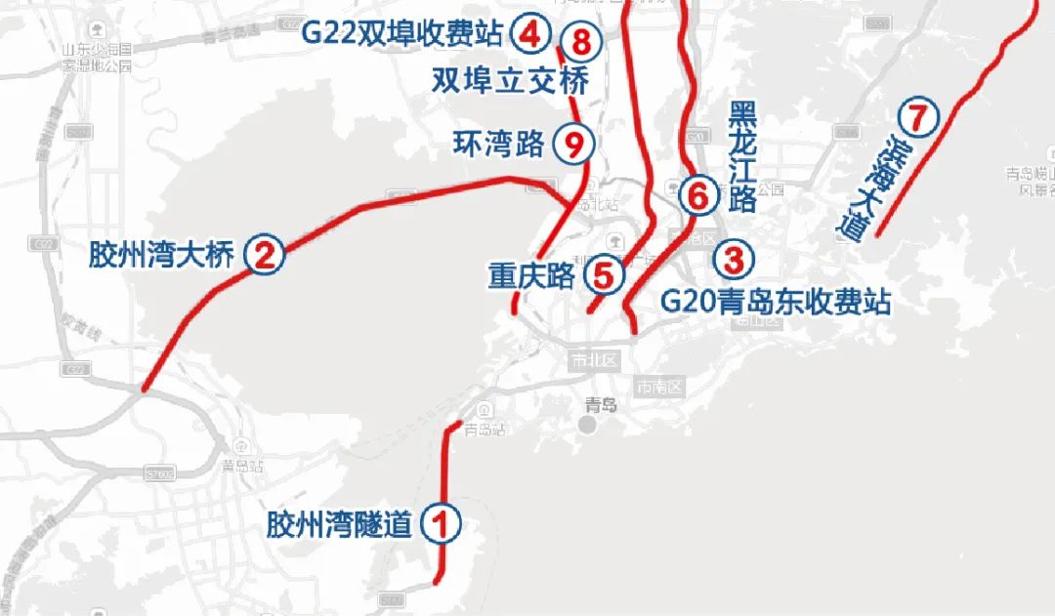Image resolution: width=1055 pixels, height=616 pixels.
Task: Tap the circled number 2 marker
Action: (x=265, y=256)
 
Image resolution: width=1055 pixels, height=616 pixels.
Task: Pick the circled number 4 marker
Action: (x=529, y=35)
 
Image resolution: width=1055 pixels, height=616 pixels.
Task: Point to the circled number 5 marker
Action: (x=604, y=275)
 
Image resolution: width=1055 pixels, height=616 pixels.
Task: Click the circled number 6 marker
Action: (x=697, y=196)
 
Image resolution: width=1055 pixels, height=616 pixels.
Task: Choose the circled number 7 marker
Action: (x=917, y=117)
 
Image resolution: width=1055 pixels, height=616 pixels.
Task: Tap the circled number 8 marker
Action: (x=581, y=42)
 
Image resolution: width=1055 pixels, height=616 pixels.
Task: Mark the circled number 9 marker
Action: (x=573, y=144)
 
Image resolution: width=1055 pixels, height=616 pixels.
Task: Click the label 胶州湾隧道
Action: (x=339, y=525)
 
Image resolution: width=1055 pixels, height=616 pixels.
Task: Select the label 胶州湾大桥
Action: (x=161, y=256)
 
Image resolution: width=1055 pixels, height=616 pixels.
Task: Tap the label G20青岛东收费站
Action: (x=776, y=301)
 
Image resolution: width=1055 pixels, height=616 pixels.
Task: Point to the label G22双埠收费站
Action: (x=401, y=35)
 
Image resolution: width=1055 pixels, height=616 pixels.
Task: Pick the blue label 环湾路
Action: (x=498, y=144)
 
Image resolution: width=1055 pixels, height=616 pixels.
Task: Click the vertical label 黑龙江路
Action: (x=742, y=156)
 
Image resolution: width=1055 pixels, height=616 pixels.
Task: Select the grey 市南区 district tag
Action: (x=659, y=388)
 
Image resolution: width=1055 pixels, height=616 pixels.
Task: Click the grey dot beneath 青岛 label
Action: (x=587, y=426)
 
